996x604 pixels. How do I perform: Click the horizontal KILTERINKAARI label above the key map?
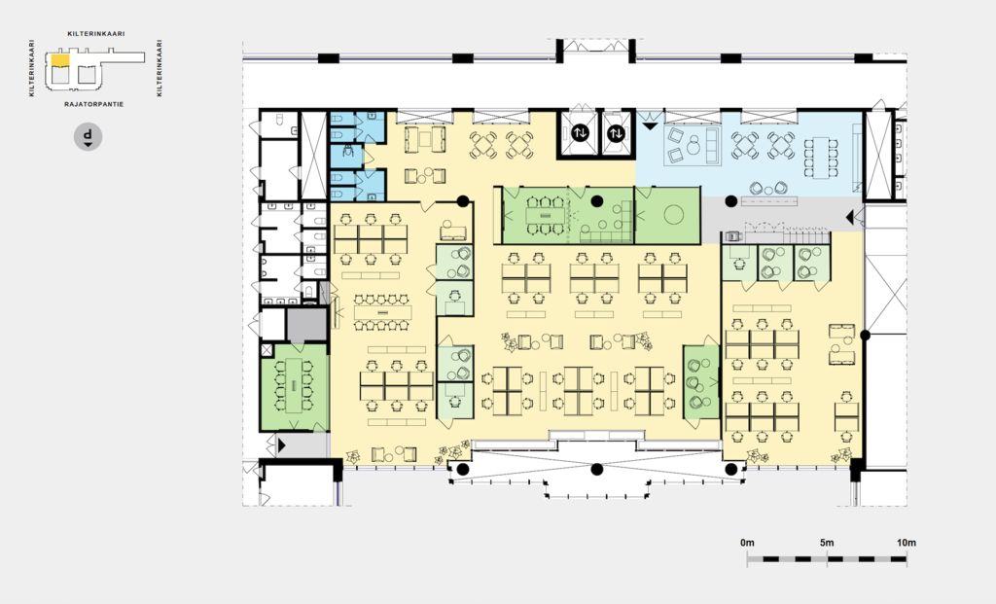click(x=96, y=34)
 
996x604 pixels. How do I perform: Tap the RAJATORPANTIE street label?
click(x=94, y=103)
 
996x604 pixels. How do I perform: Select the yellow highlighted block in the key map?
click(x=60, y=59)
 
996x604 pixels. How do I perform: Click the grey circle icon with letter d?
click(x=88, y=136)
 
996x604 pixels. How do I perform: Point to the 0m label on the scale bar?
click(x=747, y=543)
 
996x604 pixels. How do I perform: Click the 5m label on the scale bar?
click(x=827, y=543)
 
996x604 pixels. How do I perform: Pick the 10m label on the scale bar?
click(x=907, y=543)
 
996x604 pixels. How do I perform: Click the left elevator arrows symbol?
click(x=580, y=133)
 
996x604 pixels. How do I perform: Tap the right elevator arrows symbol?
click(x=616, y=133)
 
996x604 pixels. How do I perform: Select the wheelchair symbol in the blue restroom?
click(x=347, y=151)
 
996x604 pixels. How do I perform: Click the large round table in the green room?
click(x=673, y=215)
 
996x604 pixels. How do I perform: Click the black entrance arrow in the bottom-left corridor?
click(x=281, y=445)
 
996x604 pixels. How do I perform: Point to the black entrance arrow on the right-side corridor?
click(x=849, y=218)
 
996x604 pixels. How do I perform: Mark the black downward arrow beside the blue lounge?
click(x=649, y=126)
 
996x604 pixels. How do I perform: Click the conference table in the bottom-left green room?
click(x=294, y=385)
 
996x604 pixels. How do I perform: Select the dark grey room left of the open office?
click(x=306, y=325)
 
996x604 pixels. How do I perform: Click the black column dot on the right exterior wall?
click(x=865, y=335)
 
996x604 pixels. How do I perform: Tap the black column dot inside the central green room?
click(x=596, y=201)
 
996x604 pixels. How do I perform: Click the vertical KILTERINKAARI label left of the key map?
click(x=31, y=68)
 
